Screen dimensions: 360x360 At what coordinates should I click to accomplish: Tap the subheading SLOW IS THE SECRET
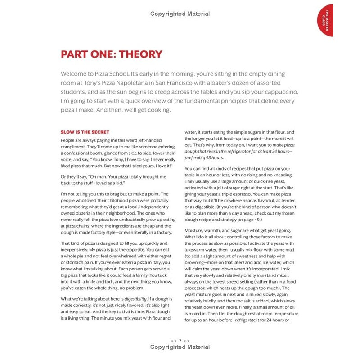click(x=85, y=132)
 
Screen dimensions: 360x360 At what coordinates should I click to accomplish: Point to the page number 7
click(x=180, y=341)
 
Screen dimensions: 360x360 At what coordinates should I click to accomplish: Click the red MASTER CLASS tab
click(x=326, y=20)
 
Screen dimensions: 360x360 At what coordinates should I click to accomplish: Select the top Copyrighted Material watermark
click(x=180, y=14)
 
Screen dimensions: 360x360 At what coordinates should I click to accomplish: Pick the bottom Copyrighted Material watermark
click(x=180, y=347)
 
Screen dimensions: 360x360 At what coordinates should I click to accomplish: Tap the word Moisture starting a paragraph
click(x=197, y=230)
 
